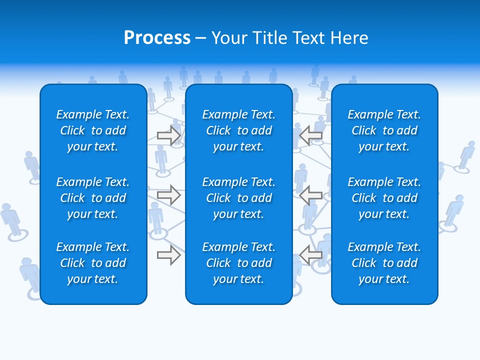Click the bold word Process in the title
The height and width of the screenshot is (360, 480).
[157, 38]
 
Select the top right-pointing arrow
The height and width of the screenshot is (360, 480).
[169, 135]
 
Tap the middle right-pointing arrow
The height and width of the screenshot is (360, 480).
[169, 195]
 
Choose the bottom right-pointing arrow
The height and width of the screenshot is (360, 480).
[169, 255]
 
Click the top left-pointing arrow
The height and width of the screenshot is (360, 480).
[310, 135]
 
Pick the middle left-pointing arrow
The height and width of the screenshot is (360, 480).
[310, 195]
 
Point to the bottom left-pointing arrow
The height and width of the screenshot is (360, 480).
[310, 255]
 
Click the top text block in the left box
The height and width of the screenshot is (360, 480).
[93, 130]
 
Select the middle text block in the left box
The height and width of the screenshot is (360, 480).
[93, 198]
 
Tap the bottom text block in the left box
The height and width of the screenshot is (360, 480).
[93, 263]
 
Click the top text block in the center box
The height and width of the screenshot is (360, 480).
[239, 130]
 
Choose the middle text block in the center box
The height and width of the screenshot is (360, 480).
[239, 198]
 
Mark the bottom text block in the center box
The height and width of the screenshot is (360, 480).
[239, 263]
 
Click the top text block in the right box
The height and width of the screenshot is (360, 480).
[384, 130]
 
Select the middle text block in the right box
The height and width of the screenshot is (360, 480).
[384, 198]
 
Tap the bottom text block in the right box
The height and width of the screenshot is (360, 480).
[384, 263]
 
